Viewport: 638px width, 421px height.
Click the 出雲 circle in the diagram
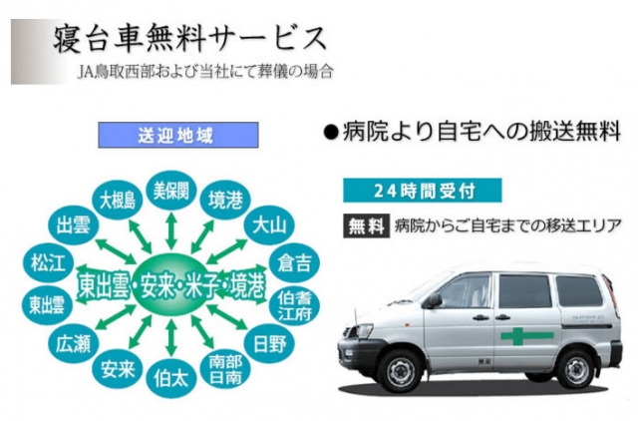pyautogui.click(x=73, y=223)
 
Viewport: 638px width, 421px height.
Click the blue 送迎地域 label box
pyautogui.click(x=181, y=135)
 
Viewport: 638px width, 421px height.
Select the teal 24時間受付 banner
pyautogui.click(x=421, y=190)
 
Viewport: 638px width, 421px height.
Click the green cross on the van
pyautogui.click(x=519, y=335)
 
